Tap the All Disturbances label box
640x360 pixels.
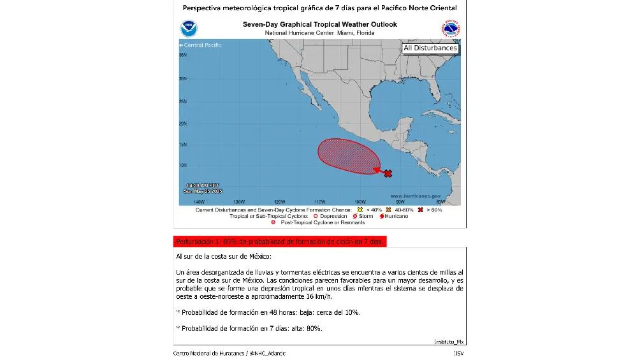[430, 48]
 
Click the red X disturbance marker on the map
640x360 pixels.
[388, 173]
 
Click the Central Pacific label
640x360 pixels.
[201, 45]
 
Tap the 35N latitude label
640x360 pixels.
[182, 55]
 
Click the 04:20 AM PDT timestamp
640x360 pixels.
[198, 185]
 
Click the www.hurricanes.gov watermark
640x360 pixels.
[415, 196]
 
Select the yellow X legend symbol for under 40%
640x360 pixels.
[360, 210]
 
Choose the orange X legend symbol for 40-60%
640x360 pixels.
[388, 210]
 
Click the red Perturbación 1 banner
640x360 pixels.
[280, 241]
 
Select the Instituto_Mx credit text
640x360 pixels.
[449, 342]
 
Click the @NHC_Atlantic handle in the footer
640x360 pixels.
[267, 353]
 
